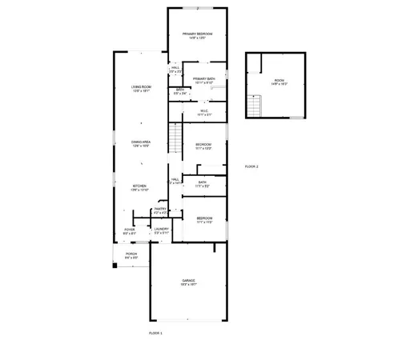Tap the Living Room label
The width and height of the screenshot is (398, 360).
(141, 90)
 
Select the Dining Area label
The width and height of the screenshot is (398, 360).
(141, 144)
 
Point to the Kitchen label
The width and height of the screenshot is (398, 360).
(140, 188)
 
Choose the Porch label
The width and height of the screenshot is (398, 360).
(131, 257)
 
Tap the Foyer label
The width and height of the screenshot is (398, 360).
(130, 232)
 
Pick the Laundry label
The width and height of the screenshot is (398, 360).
(161, 230)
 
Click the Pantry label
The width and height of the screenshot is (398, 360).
(160, 210)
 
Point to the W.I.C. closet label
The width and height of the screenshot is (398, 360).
(203, 113)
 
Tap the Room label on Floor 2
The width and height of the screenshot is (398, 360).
(279, 82)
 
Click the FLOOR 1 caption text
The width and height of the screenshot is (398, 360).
(155, 331)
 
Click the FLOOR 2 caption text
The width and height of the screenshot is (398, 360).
(251, 166)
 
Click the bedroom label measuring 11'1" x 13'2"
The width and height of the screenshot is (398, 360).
(203, 146)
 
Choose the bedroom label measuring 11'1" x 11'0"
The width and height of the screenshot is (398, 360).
(204, 220)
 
